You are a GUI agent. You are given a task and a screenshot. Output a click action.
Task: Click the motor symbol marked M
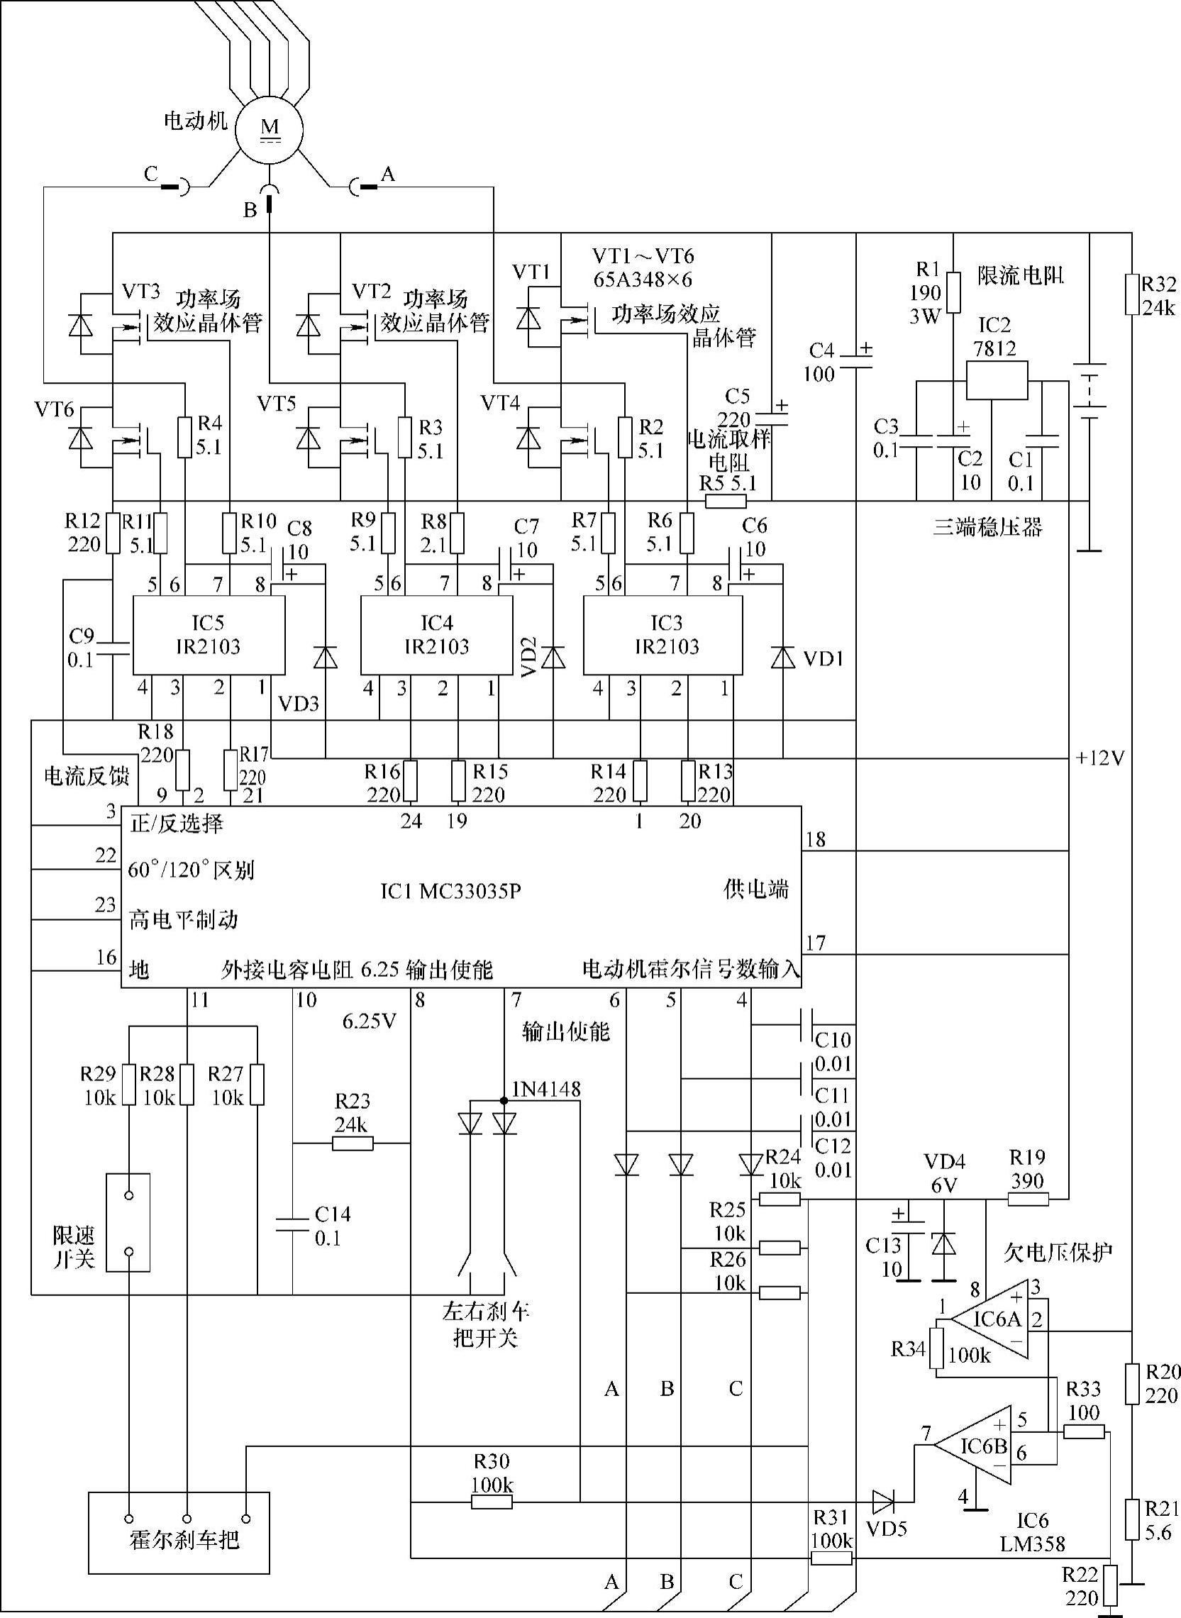click(x=270, y=130)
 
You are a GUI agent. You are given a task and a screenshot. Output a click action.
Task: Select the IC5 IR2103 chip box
click(x=209, y=634)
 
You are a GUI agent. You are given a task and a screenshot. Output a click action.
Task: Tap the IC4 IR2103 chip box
click(x=436, y=634)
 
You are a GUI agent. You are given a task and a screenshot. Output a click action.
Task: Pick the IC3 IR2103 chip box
click(x=662, y=634)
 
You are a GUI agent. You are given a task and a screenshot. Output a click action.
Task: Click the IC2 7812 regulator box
click(x=997, y=380)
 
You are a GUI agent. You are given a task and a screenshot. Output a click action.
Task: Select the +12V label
click(x=1100, y=758)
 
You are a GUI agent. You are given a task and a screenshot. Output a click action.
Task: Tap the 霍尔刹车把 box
click(x=179, y=1532)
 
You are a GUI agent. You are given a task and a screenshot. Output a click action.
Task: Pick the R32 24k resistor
click(x=1131, y=294)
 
